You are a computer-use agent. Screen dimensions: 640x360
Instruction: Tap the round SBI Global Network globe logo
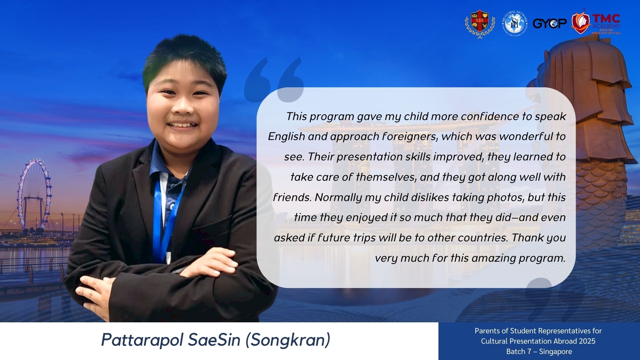click(x=514, y=23)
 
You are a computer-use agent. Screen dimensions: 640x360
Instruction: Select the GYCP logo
click(x=550, y=23)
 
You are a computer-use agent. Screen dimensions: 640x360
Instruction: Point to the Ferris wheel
click(x=34, y=194)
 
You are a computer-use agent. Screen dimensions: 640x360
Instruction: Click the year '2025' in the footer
click(x=587, y=341)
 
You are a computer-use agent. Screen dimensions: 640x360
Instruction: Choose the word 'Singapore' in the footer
click(x=555, y=351)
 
